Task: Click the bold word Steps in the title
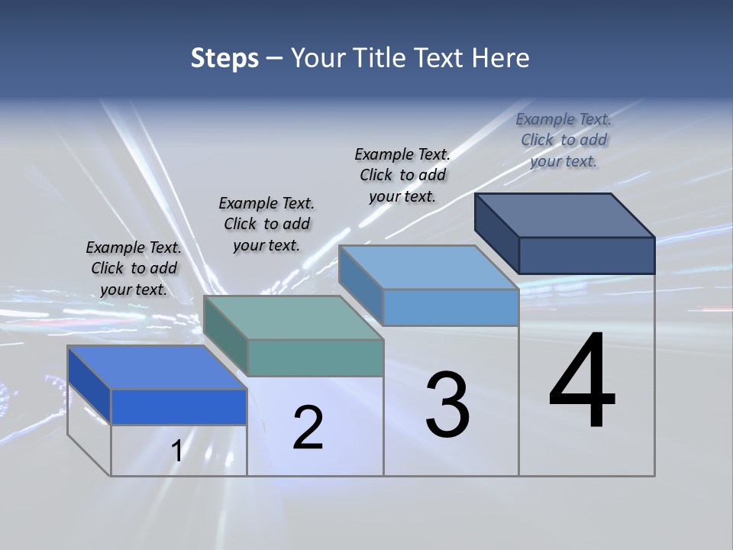(x=224, y=58)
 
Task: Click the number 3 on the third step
(x=447, y=405)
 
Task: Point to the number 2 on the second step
(x=308, y=428)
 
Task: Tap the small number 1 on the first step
(x=177, y=451)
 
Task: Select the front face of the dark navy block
(x=586, y=255)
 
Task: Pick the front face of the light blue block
(x=450, y=307)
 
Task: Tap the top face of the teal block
(x=293, y=318)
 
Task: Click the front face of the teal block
(x=315, y=357)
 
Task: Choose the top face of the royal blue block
(x=157, y=367)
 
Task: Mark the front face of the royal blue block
(x=179, y=406)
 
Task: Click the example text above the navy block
(x=563, y=140)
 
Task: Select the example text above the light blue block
(x=402, y=175)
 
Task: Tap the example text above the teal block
(x=266, y=224)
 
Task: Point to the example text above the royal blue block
(x=134, y=268)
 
